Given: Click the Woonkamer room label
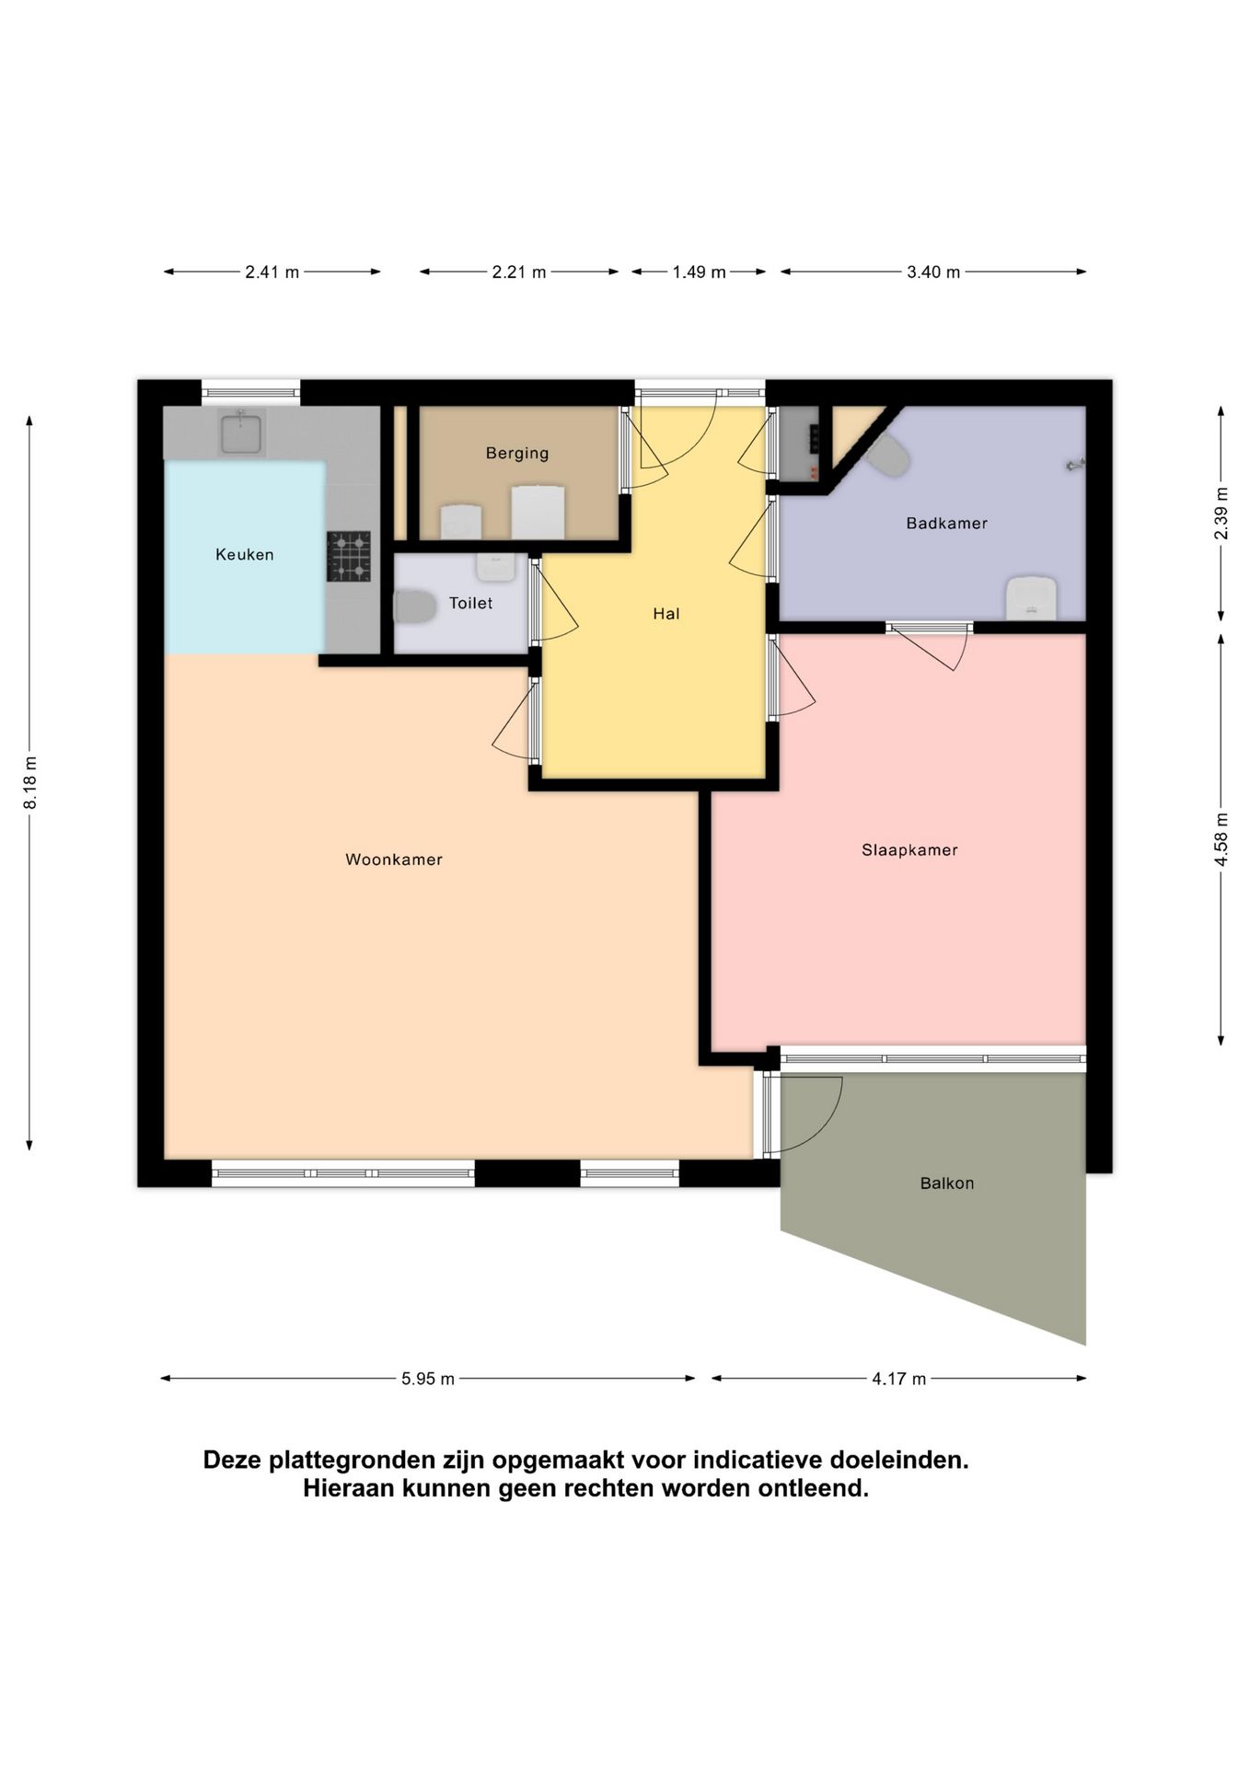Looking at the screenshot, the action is [394, 860].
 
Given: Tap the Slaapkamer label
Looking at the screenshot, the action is [909, 850].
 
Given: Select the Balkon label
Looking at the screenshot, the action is [946, 1184].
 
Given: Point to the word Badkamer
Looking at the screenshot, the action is [946, 524].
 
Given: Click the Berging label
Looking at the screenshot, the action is [517, 454].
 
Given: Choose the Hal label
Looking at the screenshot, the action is [666, 614].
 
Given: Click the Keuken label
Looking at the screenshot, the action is [245, 554].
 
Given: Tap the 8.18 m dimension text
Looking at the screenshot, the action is [30, 783].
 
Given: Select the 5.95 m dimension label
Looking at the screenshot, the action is [428, 1379].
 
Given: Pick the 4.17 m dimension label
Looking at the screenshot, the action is [899, 1379].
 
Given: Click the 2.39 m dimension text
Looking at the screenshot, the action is [1221, 513].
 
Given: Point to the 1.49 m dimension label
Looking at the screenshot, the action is [699, 272].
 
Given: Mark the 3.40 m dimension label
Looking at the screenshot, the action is [933, 272].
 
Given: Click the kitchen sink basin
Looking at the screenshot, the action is [240, 433].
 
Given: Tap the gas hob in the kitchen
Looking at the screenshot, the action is [349, 556].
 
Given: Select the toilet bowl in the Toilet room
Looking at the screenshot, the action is [415, 607].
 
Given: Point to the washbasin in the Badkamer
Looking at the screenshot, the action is [1031, 597].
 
